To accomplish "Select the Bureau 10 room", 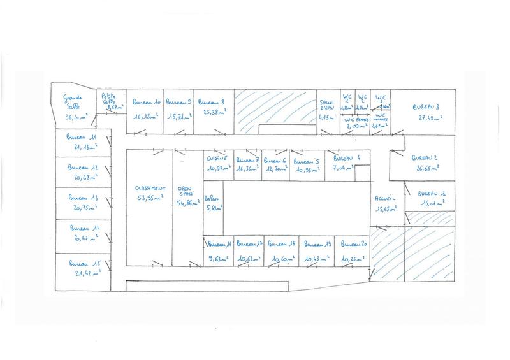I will tap(145, 102).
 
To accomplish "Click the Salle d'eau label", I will tap(326, 104).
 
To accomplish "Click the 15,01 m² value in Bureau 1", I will tap(432, 203).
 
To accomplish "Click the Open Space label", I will tap(186, 192).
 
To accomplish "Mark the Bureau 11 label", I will tap(82, 137).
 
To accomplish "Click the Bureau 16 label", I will tap(217, 244).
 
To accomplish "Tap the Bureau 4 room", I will tap(347, 157).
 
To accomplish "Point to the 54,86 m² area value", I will tap(186, 201).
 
